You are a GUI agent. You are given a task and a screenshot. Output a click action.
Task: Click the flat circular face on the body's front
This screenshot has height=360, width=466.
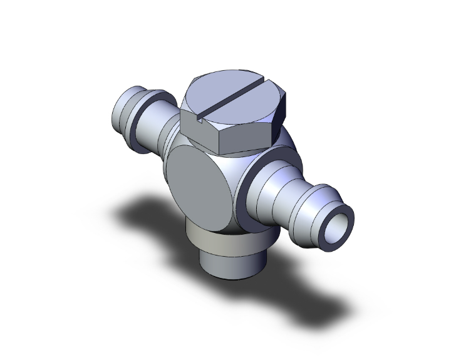click(199, 185)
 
